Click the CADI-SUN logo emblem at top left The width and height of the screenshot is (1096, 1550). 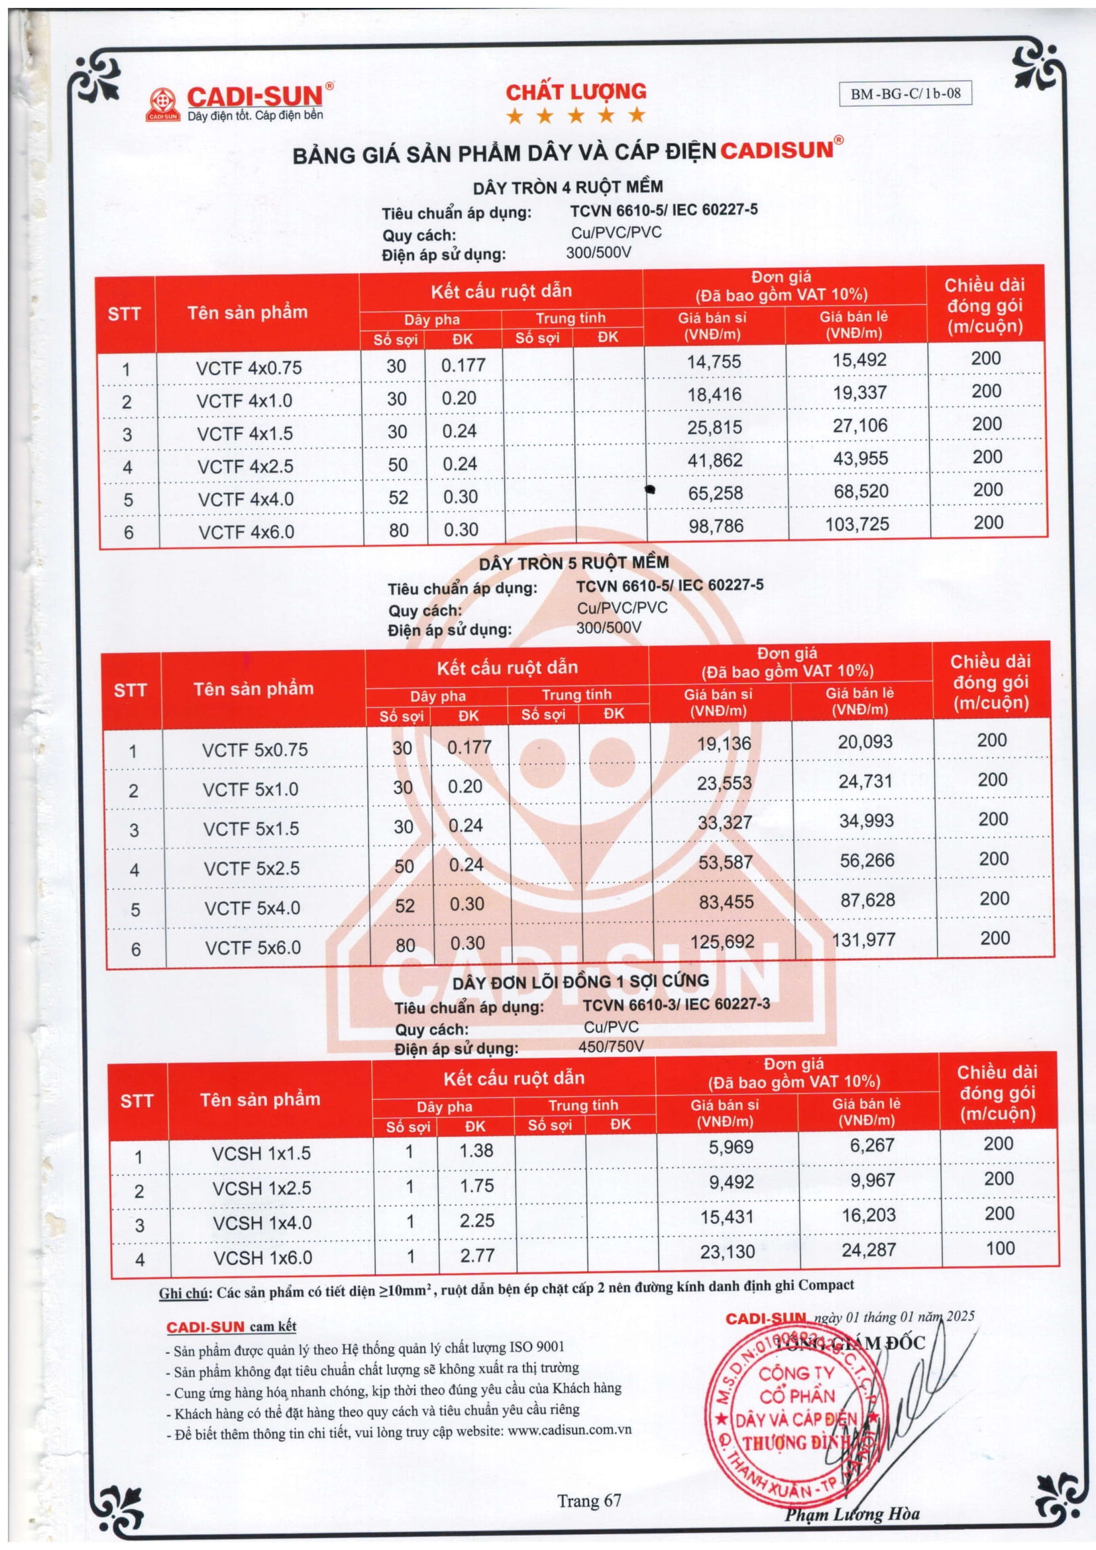[x=164, y=105]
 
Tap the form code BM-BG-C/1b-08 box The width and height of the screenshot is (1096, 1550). [x=905, y=94]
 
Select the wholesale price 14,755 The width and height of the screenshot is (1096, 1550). [x=714, y=362]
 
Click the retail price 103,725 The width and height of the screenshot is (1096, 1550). [x=857, y=525]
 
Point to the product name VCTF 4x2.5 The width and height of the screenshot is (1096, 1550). [x=245, y=467]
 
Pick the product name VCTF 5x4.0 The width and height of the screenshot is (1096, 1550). [x=252, y=908]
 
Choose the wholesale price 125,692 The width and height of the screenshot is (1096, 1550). [x=722, y=941]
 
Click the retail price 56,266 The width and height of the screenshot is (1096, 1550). [x=867, y=860]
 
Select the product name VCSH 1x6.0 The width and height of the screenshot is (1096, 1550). [x=262, y=1258]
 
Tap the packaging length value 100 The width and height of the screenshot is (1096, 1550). [x=999, y=1248]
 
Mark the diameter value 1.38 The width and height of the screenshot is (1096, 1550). [x=476, y=1150]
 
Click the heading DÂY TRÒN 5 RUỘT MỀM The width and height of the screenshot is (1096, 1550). [x=574, y=563]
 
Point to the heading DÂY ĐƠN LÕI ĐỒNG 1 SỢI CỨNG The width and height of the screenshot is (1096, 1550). [x=580, y=981]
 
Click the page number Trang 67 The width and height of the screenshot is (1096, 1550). [x=588, y=1501]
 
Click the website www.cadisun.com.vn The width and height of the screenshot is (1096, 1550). [x=569, y=1431]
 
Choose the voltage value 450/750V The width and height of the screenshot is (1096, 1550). [x=611, y=1046]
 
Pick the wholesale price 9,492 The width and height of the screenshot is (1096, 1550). [x=731, y=1182]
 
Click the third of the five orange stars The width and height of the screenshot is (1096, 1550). [x=576, y=115]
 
